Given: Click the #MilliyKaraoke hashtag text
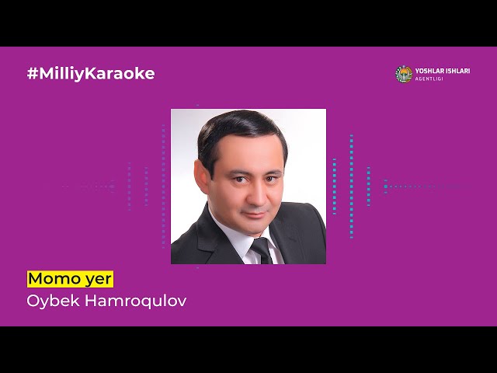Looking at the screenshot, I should (90, 74).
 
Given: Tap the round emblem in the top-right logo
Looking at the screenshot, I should (404, 74).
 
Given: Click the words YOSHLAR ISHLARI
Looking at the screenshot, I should (443, 71).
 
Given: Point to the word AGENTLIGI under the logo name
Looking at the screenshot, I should (430, 79).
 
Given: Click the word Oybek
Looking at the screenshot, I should (50, 300).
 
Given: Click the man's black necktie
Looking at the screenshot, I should (262, 250).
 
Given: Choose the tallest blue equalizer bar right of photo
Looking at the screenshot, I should (351, 186).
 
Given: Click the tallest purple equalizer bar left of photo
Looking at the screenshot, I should (164, 186).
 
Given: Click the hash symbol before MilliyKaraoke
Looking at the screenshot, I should (33, 74).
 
